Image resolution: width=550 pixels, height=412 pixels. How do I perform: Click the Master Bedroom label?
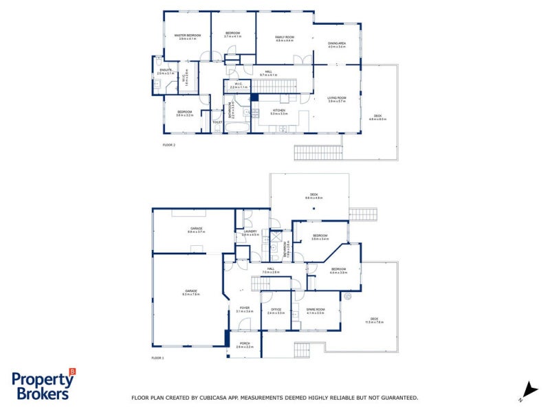click(x=187, y=34)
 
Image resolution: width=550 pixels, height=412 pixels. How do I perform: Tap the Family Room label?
click(x=285, y=37)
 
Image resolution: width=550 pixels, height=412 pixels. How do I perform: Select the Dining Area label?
click(x=336, y=43)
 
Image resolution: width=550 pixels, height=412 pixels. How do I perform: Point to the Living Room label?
click(x=336, y=98)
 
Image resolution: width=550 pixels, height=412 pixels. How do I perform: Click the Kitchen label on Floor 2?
click(x=278, y=111)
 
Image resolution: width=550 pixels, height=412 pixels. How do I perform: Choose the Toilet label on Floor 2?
click(x=217, y=122)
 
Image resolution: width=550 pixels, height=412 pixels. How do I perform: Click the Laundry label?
click(x=250, y=231)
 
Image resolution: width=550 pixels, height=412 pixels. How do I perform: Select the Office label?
click(x=276, y=310)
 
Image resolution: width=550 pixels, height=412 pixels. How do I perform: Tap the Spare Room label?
click(x=316, y=310)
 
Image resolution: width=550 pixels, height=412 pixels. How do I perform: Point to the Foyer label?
click(x=244, y=308)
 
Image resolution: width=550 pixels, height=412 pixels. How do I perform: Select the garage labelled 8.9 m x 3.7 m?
click(x=196, y=229)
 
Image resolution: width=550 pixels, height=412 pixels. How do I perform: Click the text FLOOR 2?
click(x=169, y=146)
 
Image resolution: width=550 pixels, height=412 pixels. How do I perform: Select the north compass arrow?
click(x=529, y=388)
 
